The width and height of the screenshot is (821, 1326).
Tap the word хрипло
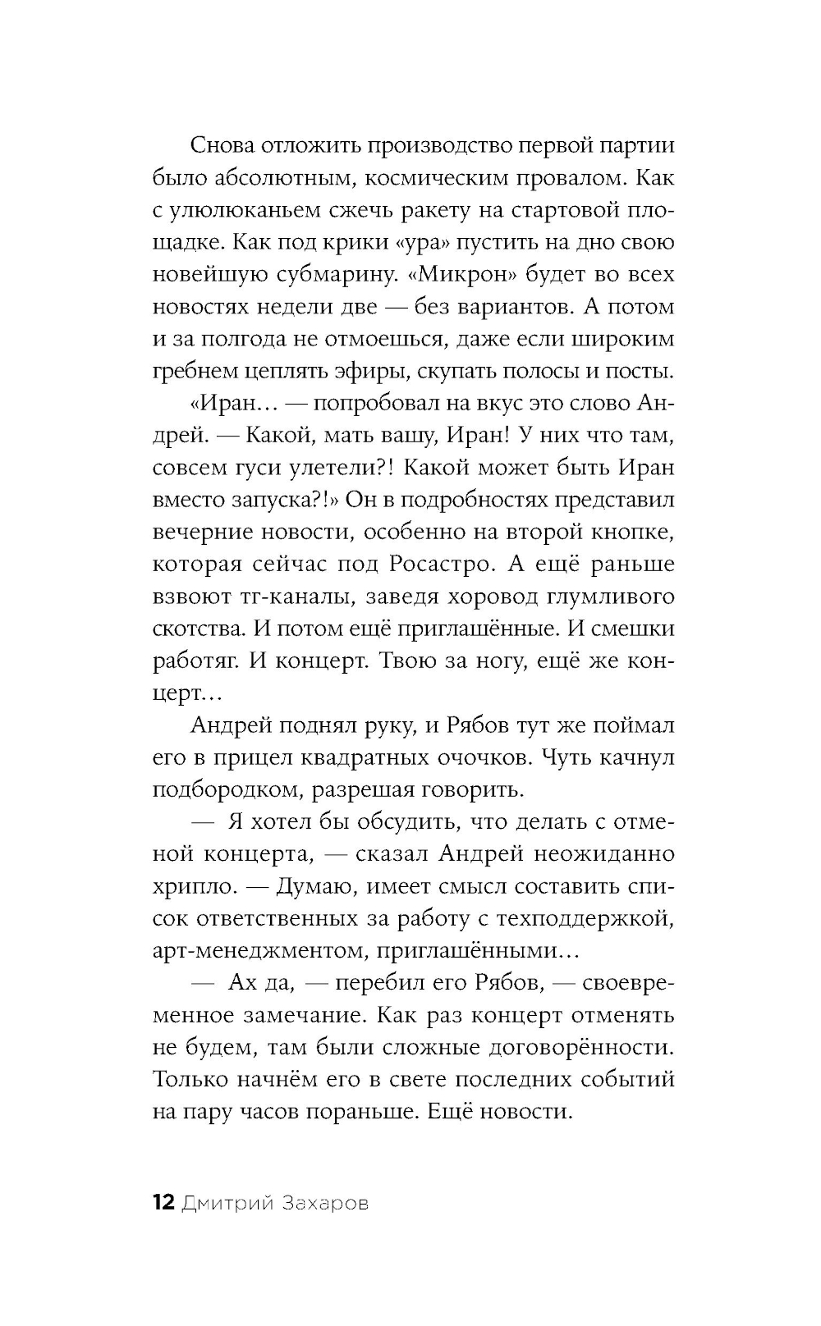click(x=188, y=886)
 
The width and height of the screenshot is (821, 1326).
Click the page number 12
click(x=163, y=1203)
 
